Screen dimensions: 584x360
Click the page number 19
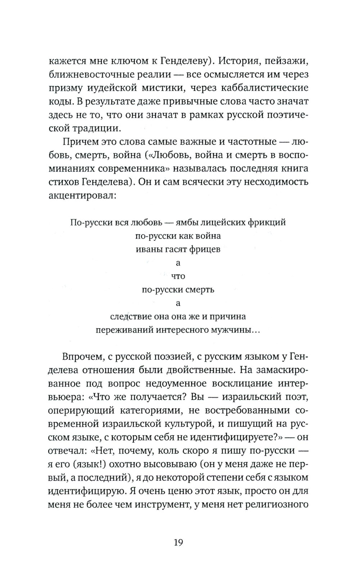pos(178,542)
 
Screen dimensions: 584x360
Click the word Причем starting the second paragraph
pos(80,141)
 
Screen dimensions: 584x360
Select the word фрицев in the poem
pos(206,249)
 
